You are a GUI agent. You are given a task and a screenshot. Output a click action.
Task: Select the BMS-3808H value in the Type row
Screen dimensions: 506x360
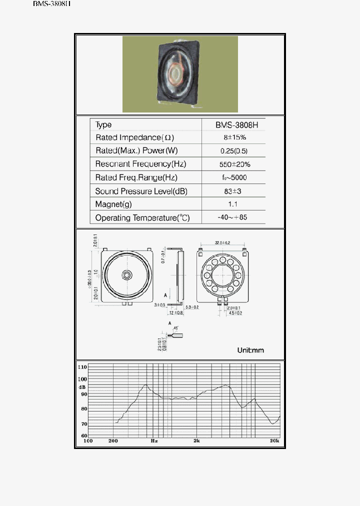click(x=233, y=125)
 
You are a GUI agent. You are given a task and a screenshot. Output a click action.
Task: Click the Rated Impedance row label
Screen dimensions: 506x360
click(x=134, y=137)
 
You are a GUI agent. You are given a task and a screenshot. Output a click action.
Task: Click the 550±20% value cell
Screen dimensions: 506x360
click(x=234, y=164)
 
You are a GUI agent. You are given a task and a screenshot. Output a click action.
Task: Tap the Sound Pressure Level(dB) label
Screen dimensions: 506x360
click(x=141, y=191)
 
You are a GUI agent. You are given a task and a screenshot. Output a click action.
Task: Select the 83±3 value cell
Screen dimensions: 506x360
click(x=234, y=191)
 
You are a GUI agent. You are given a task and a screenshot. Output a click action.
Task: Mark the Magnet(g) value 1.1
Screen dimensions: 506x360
click(x=233, y=204)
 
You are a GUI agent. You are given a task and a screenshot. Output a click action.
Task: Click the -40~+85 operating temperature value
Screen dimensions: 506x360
click(x=233, y=217)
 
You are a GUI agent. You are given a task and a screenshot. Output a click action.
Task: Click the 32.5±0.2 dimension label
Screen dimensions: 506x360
click(x=222, y=242)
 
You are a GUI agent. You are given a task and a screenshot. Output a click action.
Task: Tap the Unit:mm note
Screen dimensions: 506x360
click(x=250, y=350)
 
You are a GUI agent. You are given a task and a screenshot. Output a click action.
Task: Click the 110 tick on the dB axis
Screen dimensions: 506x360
click(x=82, y=367)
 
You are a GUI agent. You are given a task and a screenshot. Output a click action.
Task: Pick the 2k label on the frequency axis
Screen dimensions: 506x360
click(x=196, y=441)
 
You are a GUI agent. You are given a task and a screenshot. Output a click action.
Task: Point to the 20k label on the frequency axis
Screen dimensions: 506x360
click(x=274, y=441)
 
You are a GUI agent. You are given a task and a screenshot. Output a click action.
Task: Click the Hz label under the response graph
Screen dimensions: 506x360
click(x=154, y=441)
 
